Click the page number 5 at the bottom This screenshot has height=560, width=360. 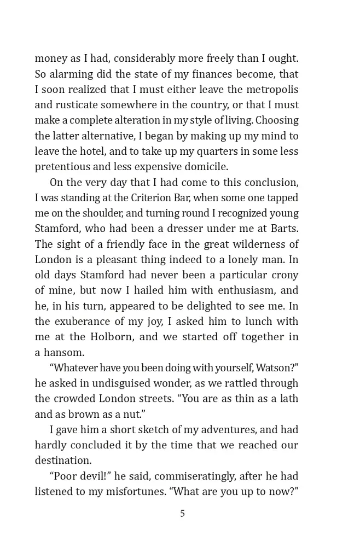click(x=182, y=514)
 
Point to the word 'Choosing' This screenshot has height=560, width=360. click(x=277, y=120)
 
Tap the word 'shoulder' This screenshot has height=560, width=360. click(x=104, y=213)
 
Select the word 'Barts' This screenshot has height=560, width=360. click(x=284, y=228)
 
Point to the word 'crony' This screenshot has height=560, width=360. click(x=284, y=275)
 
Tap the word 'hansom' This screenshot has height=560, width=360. click(x=64, y=352)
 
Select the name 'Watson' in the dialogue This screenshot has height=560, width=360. click(x=276, y=367)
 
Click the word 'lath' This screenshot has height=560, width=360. click(x=288, y=398)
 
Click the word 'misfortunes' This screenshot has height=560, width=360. click(x=133, y=492)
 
